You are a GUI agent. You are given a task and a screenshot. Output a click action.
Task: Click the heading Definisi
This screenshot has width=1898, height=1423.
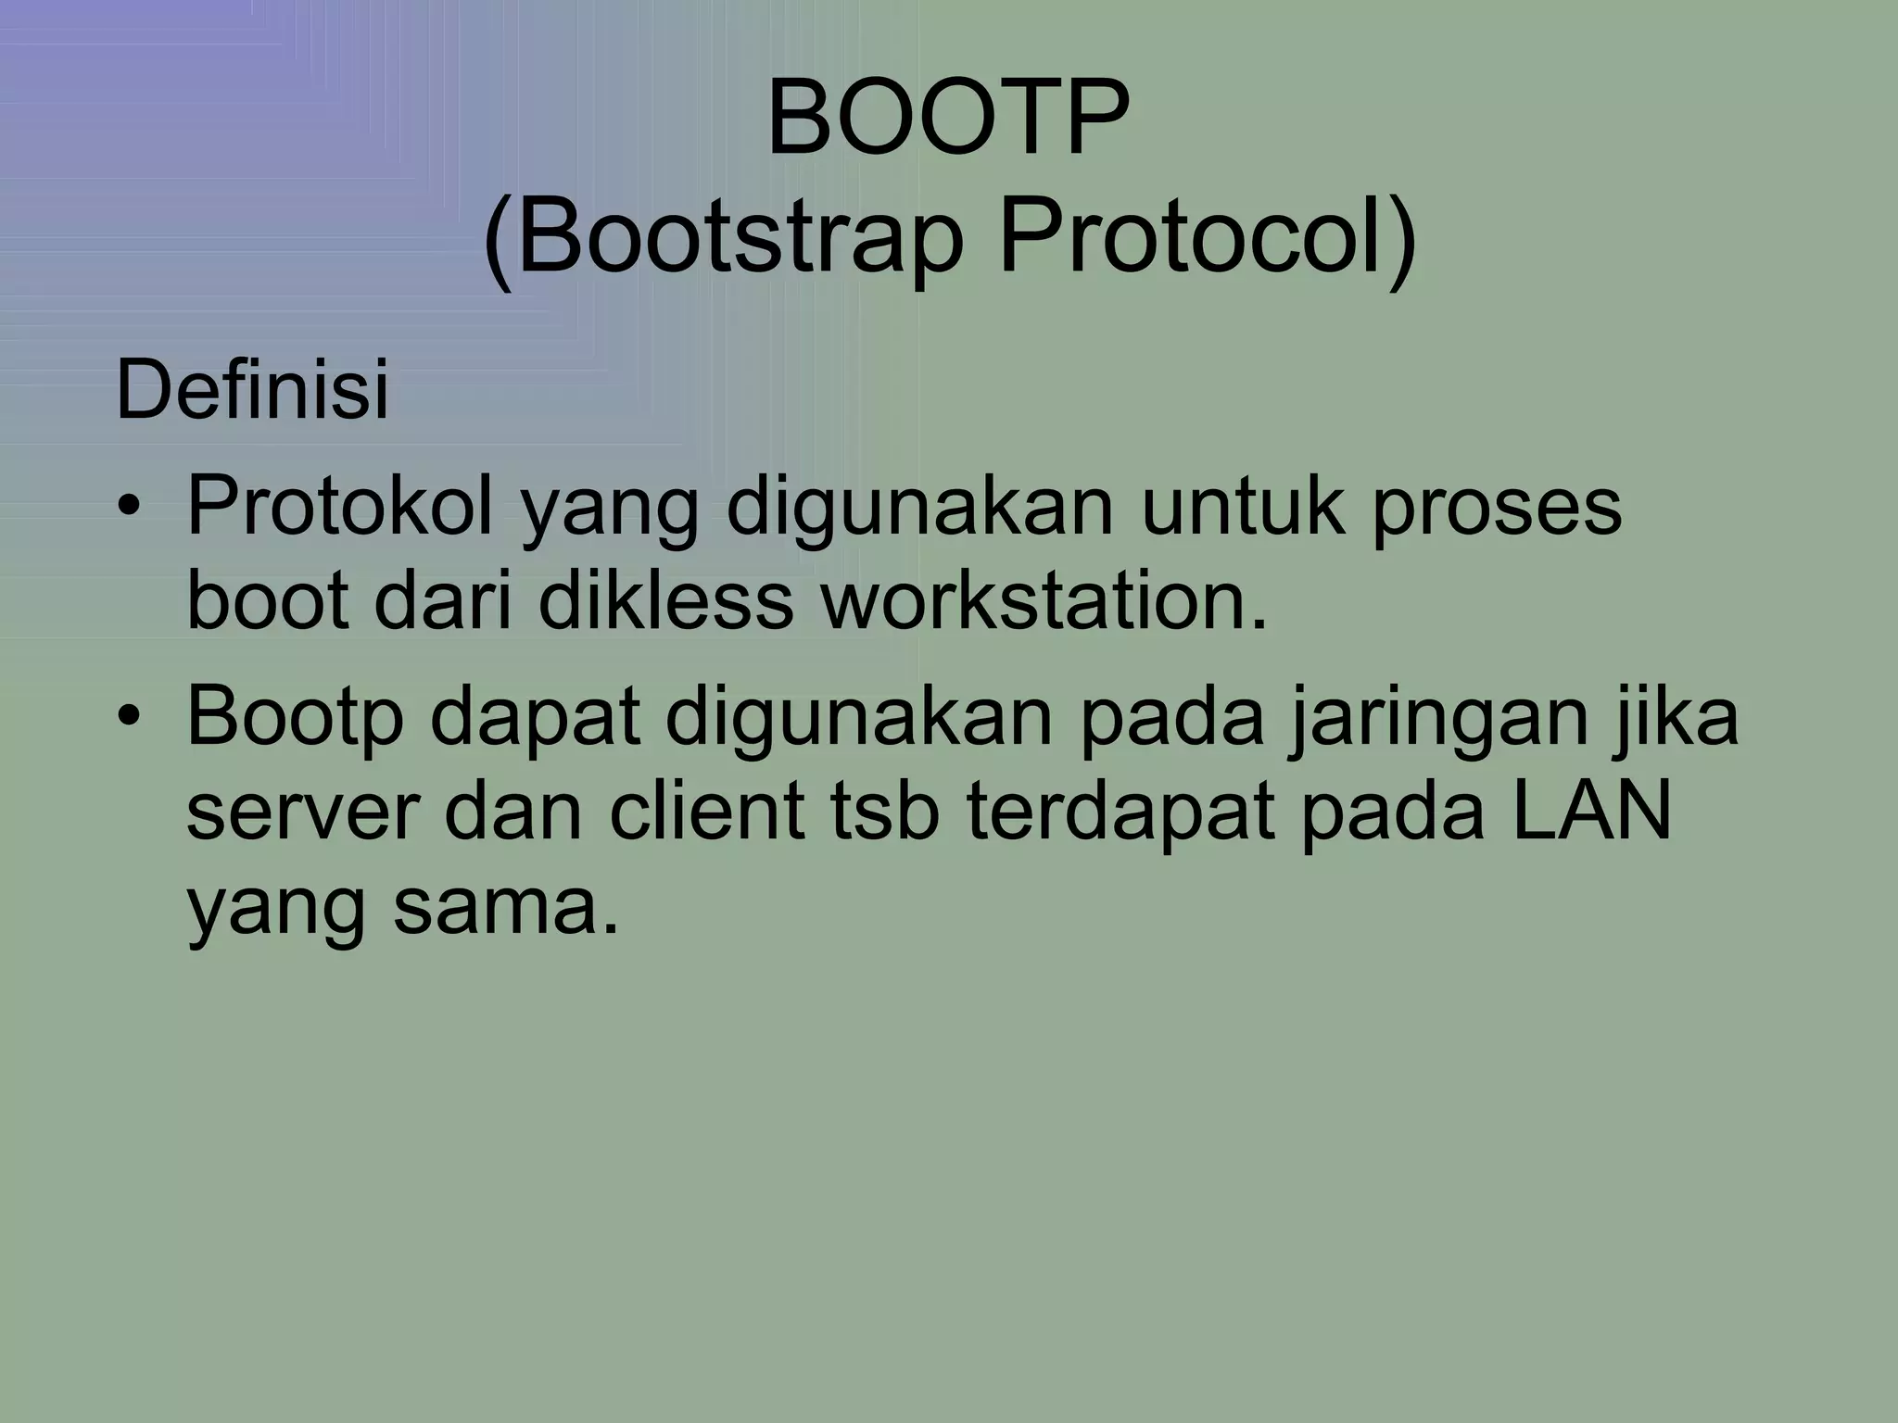tap(252, 391)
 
